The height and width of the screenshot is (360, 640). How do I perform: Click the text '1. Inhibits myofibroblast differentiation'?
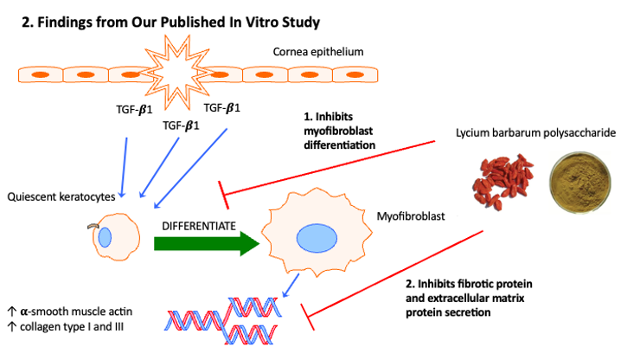click(333, 131)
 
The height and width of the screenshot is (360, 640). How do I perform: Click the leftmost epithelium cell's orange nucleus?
click(39, 75)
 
